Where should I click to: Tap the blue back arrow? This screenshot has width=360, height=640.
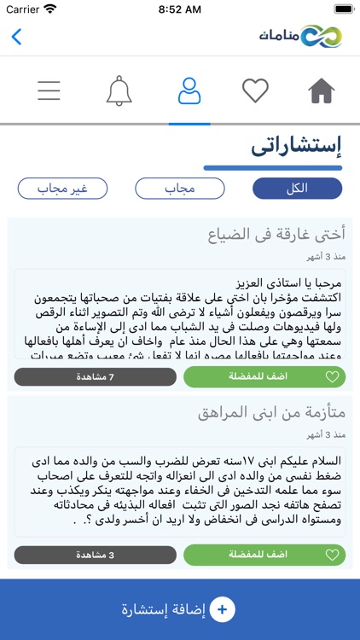[x=16, y=37]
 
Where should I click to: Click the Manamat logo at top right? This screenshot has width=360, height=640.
[x=301, y=37]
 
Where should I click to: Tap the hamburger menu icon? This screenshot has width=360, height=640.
[x=49, y=90]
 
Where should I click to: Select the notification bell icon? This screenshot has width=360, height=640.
[x=119, y=90]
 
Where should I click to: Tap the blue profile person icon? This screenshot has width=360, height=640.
[x=189, y=90]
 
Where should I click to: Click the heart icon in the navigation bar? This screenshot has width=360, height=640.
[x=255, y=90]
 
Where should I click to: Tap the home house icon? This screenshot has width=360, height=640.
[x=322, y=90]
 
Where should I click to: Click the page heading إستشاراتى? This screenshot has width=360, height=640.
[x=296, y=146]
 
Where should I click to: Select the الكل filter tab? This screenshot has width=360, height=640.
[x=297, y=189]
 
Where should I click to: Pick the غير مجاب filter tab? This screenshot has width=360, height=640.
[x=62, y=189]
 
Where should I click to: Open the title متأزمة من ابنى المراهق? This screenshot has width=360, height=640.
[x=271, y=413]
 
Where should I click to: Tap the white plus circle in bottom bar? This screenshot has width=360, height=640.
[x=222, y=609]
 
